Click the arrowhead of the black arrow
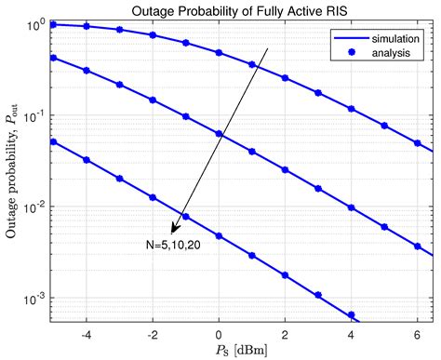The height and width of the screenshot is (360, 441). pos(172,231)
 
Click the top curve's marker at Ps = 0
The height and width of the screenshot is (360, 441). pos(220,53)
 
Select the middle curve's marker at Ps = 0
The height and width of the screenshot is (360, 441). pos(220,134)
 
